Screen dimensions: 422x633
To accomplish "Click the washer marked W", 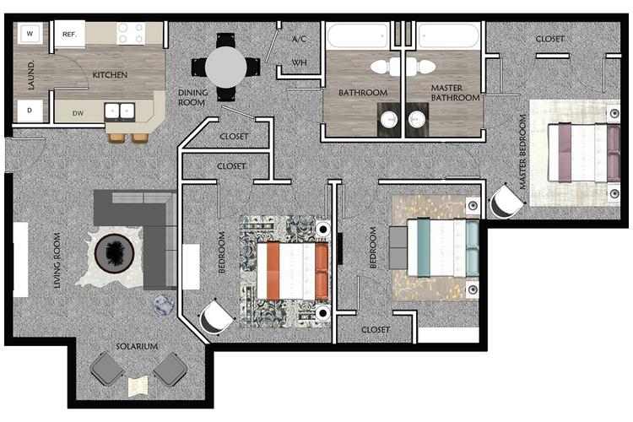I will (x=30, y=34).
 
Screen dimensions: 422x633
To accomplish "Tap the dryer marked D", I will (x=30, y=110).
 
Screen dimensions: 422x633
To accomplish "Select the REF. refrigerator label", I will (x=69, y=34).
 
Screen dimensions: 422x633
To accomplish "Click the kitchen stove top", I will (x=131, y=33).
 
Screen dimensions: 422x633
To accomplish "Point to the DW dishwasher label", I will (x=78, y=112).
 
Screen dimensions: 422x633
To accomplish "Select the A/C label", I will (x=299, y=40).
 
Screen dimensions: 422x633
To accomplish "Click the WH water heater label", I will (x=299, y=62).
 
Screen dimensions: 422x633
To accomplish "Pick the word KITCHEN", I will (x=110, y=75).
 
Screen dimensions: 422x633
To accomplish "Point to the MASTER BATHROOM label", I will (x=455, y=93).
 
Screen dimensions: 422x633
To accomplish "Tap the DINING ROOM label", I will (x=192, y=97).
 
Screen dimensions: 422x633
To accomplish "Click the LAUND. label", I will (x=30, y=75).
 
